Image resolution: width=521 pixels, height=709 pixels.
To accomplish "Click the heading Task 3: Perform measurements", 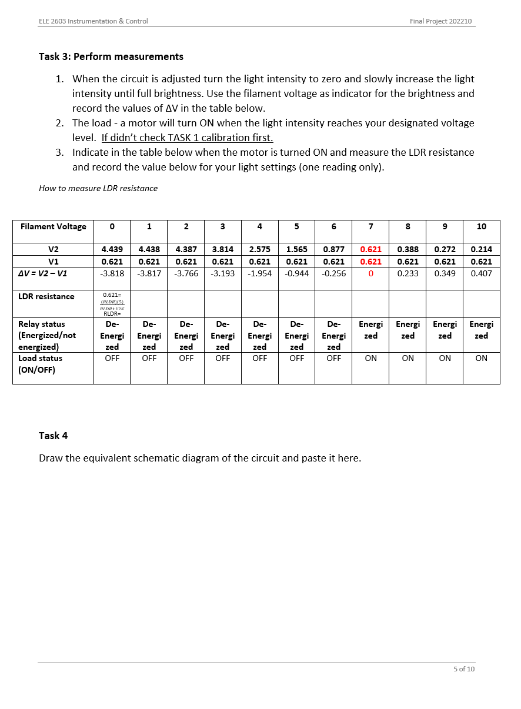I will click(x=111, y=56).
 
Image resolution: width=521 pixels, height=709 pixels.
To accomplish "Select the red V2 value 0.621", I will click(x=370, y=249).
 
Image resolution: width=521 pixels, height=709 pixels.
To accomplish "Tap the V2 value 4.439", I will click(x=112, y=249).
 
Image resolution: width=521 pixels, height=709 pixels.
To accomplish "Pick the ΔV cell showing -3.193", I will click(x=222, y=273).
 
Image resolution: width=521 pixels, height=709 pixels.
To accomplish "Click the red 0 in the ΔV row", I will click(x=370, y=273).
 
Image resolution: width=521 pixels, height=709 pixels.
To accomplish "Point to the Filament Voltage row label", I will click(x=53, y=226).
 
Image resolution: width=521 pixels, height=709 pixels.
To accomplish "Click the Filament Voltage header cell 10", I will click(x=481, y=226).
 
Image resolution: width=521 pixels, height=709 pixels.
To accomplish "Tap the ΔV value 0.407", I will click(x=481, y=273).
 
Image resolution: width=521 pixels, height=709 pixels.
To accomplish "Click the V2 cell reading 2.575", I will click(x=259, y=249).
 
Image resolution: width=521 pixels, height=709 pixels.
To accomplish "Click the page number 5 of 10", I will click(x=463, y=669).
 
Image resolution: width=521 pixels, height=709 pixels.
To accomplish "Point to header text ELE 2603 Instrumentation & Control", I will click(x=93, y=21).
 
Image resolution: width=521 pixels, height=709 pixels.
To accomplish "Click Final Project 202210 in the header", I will click(x=440, y=21).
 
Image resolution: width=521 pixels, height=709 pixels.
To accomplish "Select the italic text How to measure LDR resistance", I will click(x=98, y=188).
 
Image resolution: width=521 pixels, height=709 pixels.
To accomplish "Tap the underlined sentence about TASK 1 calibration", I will click(x=187, y=138).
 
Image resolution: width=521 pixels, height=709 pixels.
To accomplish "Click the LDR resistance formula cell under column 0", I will click(x=112, y=304).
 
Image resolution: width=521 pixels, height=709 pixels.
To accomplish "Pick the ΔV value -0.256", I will click(x=333, y=273).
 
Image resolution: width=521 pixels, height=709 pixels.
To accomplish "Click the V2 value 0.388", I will click(x=408, y=249).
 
